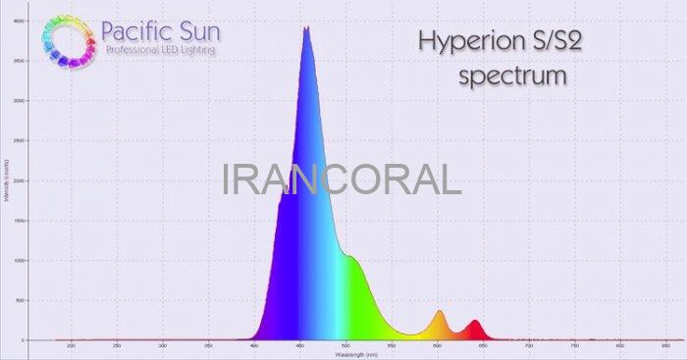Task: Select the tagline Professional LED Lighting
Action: pyautogui.click(x=161, y=50)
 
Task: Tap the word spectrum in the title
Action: pyautogui.click(x=512, y=75)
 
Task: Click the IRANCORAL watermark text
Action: pyautogui.click(x=342, y=180)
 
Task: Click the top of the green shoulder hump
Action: pyautogui.click(x=347, y=256)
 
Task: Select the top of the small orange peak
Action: pyautogui.click(x=439, y=311)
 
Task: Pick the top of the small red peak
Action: pyautogui.click(x=475, y=320)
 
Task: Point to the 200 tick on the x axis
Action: pyautogui.click(x=71, y=345)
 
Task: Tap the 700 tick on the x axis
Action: pyautogui.click(x=529, y=345)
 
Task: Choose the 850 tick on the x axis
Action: pyautogui.click(x=666, y=345)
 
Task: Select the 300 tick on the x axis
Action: pyautogui.click(x=162, y=345)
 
